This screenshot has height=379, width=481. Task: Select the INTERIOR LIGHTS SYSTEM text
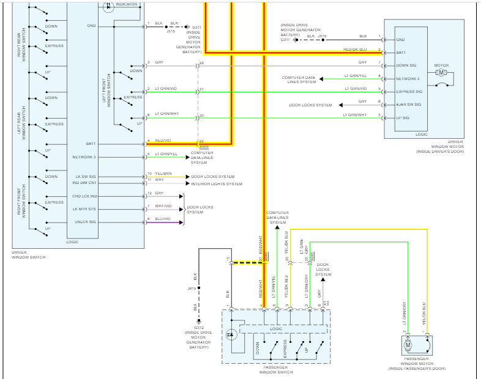(216, 184)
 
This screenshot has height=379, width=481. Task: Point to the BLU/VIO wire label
(162, 218)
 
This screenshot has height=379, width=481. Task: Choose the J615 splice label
(192, 288)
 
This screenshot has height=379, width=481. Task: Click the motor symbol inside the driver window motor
(441, 73)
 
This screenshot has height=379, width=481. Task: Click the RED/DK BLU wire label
(355, 50)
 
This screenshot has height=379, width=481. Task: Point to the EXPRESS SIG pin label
(409, 92)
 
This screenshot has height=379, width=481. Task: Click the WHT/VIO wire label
(163, 206)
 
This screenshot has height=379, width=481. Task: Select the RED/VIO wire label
(163, 141)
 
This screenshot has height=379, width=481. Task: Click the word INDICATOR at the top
(127, 4)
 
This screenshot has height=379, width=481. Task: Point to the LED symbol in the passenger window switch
(231, 335)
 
